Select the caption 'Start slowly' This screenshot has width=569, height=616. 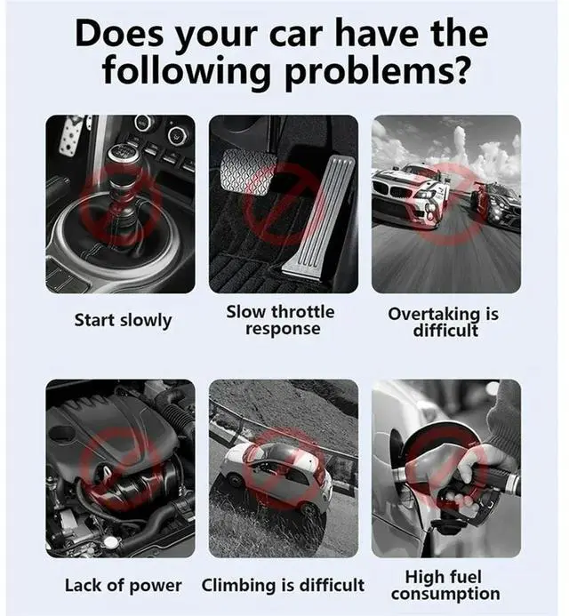(x=122, y=320)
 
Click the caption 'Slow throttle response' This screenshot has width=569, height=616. (x=281, y=320)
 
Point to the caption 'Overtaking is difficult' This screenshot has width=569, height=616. (x=445, y=322)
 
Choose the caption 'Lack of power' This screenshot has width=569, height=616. (x=123, y=585)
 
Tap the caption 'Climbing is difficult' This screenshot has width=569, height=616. (x=283, y=585)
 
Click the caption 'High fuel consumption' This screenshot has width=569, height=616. (x=445, y=585)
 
